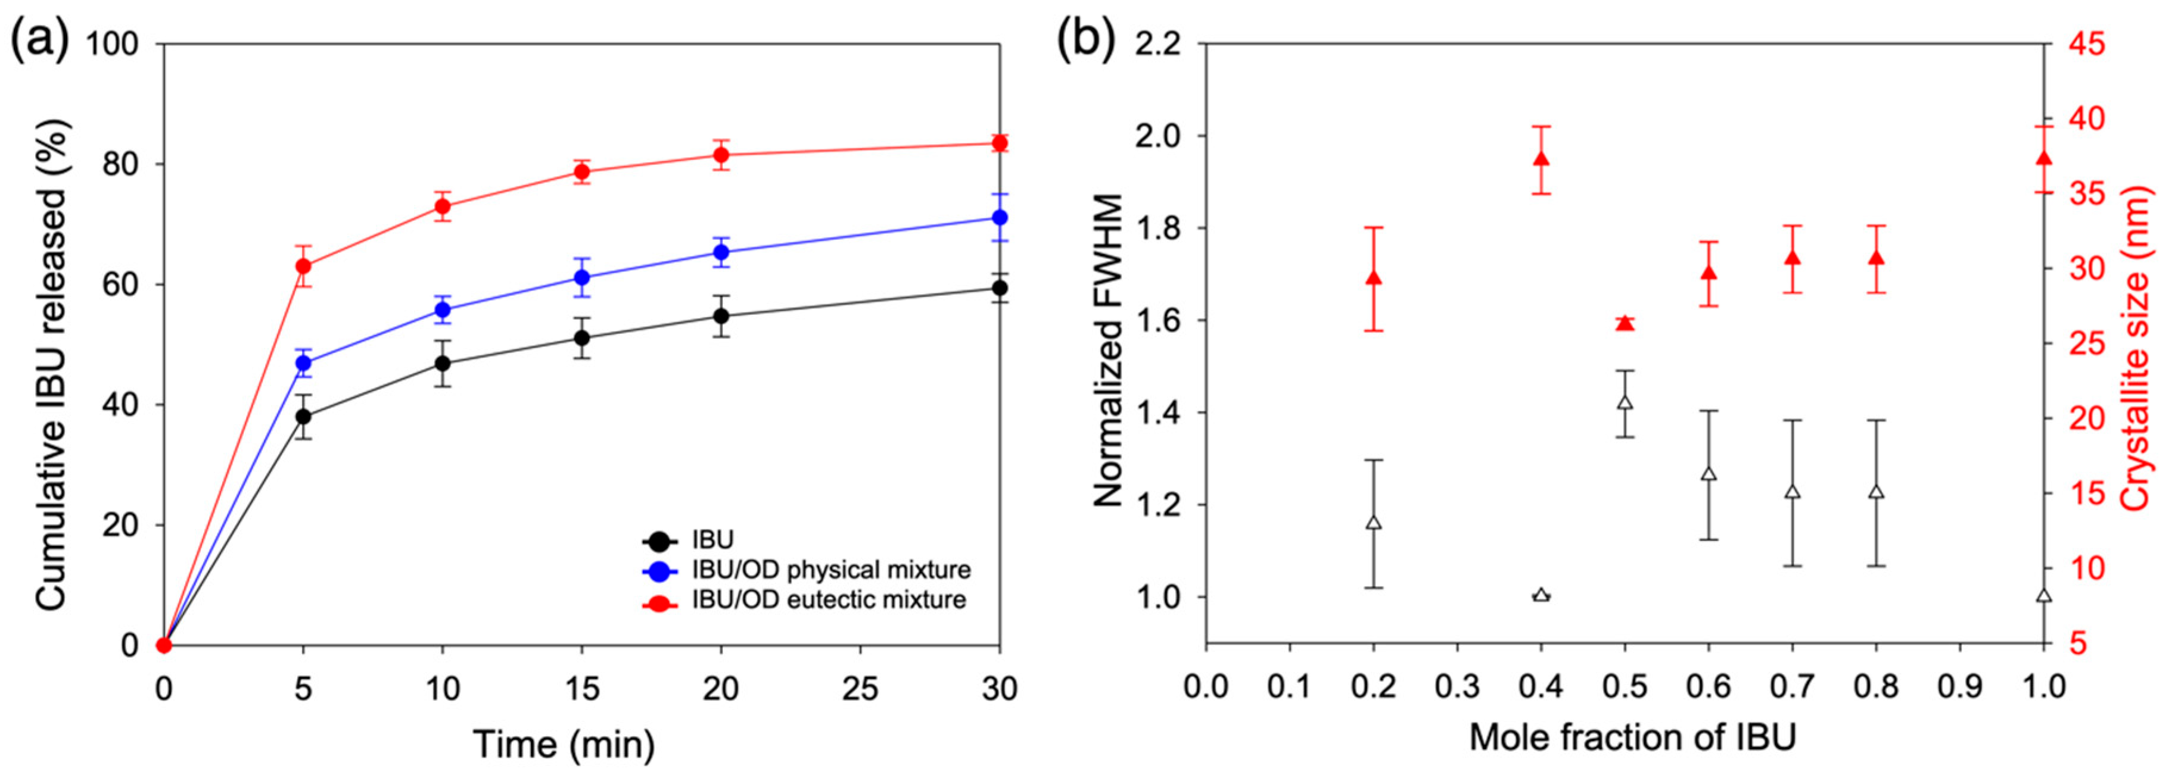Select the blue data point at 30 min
(x=1000, y=218)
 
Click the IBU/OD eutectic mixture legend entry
(x=828, y=600)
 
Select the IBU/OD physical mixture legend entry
(x=831, y=570)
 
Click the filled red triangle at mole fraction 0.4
(x=1541, y=159)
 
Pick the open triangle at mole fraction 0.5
(x=1625, y=402)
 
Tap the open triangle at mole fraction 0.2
(x=1374, y=523)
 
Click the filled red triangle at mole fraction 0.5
(x=1625, y=324)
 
